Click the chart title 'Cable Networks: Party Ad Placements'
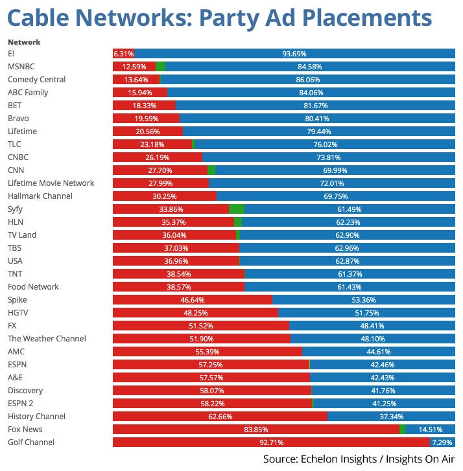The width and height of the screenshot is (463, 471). (219, 17)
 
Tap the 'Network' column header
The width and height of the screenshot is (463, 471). (24, 42)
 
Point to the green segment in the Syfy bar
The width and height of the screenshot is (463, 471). (237, 209)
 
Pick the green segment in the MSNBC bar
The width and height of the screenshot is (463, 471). (160, 67)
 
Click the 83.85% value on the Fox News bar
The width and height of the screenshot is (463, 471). (255, 430)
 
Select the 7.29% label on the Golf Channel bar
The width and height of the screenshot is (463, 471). (442, 442)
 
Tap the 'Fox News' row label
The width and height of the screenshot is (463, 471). (26, 430)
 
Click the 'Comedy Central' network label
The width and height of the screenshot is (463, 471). (37, 80)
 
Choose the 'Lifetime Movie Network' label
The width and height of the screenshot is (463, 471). (51, 183)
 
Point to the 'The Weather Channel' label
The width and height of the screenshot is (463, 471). (47, 339)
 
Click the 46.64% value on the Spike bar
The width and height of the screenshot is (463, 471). (193, 300)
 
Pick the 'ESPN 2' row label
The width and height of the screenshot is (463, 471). (23, 404)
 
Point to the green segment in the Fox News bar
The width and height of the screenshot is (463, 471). (402, 430)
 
